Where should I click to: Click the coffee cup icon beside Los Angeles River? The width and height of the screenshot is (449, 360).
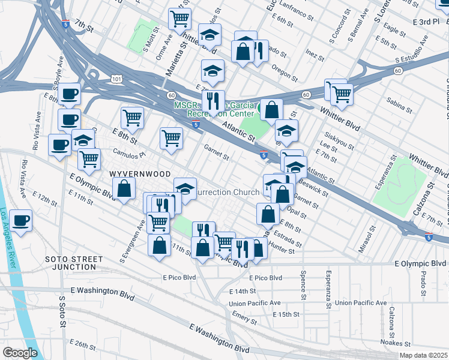(x=21, y=220)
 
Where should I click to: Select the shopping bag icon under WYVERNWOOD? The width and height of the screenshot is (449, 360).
(x=124, y=189)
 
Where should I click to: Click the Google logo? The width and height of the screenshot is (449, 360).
(x=20, y=353)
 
